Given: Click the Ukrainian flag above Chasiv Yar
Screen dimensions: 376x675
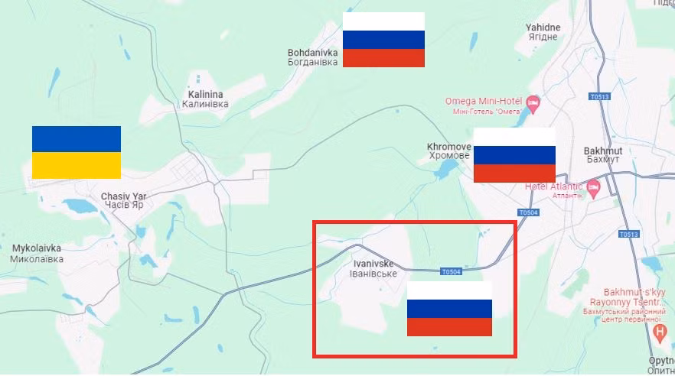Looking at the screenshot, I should pos(77,152).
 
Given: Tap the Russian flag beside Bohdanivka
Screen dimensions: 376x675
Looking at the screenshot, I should pos(383,40).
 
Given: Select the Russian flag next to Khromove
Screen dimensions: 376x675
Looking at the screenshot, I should pos(514,155).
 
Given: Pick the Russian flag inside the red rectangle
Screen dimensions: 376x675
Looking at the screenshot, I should pos(449,309).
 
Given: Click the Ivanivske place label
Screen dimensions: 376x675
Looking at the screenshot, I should pos(373,268).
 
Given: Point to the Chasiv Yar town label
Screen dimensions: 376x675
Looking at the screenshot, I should pos(123,201).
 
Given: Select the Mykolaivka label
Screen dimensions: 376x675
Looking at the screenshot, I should pos(37,253).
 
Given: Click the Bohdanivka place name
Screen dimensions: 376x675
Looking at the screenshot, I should pos(312,57).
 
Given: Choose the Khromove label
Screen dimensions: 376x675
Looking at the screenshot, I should pos(448,151).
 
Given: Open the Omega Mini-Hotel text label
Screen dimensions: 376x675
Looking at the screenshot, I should pos(483,106).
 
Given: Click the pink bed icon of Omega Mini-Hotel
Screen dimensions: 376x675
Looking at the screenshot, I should pos(533,102).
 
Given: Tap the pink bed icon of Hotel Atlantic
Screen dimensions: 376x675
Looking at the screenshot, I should pos(593,186).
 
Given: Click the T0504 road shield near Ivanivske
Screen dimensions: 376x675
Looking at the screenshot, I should pos(452,272).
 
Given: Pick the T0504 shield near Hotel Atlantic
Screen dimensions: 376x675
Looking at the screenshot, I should pos(528,212).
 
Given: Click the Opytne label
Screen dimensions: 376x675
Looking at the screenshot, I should pos(662,364).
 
